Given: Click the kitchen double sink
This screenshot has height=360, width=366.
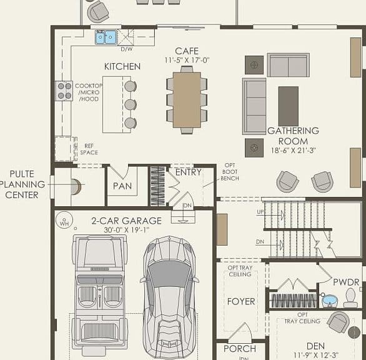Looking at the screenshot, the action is pyautogui.click(x=106, y=37).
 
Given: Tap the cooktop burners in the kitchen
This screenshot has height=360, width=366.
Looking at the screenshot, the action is pyautogui.click(x=64, y=91).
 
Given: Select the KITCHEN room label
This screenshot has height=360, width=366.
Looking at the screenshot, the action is pyautogui.click(x=122, y=67).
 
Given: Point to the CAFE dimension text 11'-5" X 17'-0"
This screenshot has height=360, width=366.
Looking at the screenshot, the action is pyautogui.click(x=187, y=60).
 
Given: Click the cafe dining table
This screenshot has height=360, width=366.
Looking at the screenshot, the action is pyautogui.click(x=187, y=100).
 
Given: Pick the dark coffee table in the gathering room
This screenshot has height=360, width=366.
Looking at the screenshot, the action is pyautogui.click(x=289, y=106).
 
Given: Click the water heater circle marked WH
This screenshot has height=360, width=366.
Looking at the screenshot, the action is pyautogui.click(x=64, y=220).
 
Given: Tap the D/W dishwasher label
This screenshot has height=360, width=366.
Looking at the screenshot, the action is pyautogui.click(x=127, y=49).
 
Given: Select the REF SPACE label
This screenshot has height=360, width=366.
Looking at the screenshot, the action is pyautogui.click(x=89, y=149).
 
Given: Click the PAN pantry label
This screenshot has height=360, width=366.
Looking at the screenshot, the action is pyautogui.click(x=122, y=186).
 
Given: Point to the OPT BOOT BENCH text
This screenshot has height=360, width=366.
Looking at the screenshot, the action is pyautogui.click(x=230, y=172).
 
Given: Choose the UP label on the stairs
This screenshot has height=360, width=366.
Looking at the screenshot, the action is pyautogui.click(x=260, y=212).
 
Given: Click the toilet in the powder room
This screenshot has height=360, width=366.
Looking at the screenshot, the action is pyautogui.click(x=350, y=297).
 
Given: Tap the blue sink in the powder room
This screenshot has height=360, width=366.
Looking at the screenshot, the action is pyautogui.click(x=330, y=301).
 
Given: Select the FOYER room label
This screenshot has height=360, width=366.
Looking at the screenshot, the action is pyautogui.click(x=241, y=301).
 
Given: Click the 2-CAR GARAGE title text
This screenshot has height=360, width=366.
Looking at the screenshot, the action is pyautogui.click(x=127, y=221).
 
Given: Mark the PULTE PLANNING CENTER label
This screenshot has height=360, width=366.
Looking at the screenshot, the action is pyautogui.click(x=22, y=184).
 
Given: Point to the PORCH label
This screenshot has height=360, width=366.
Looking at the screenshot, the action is pyautogui.click(x=240, y=349).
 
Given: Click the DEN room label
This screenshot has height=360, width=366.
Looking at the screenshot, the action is pyautogui.click(x=315, y=346).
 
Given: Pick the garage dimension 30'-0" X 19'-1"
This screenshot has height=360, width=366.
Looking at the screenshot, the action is pyautogui.click(x=127, y=230).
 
